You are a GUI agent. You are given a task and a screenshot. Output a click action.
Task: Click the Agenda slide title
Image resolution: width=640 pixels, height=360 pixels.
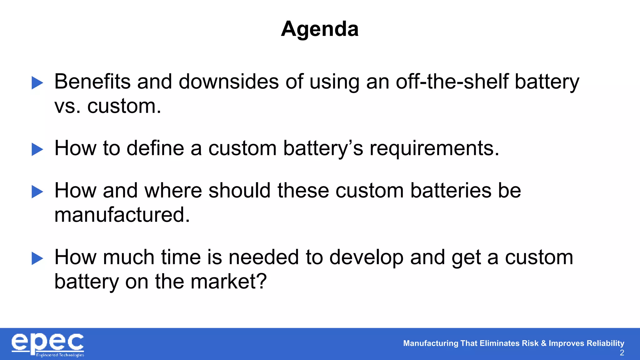pos(320,29)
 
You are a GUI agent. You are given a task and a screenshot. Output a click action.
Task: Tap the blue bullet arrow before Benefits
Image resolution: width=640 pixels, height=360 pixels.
pos(37,83)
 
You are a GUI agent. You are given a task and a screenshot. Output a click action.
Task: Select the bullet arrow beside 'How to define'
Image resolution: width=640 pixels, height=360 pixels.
pos(37,149)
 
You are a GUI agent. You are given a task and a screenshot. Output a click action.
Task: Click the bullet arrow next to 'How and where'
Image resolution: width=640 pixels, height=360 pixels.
pos(37,192)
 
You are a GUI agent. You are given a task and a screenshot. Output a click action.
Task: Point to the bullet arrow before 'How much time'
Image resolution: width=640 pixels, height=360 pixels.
pos(37,258)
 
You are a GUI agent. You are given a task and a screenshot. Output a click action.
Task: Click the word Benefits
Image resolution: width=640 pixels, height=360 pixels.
pos(92,82)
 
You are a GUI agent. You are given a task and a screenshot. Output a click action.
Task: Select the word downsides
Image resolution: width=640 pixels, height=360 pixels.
pos(229,82)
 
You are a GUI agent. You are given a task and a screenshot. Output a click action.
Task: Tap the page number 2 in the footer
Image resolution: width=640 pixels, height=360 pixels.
pos(622,353)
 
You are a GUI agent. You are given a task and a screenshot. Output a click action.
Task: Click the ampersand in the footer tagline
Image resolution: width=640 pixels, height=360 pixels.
pos(543,343)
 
